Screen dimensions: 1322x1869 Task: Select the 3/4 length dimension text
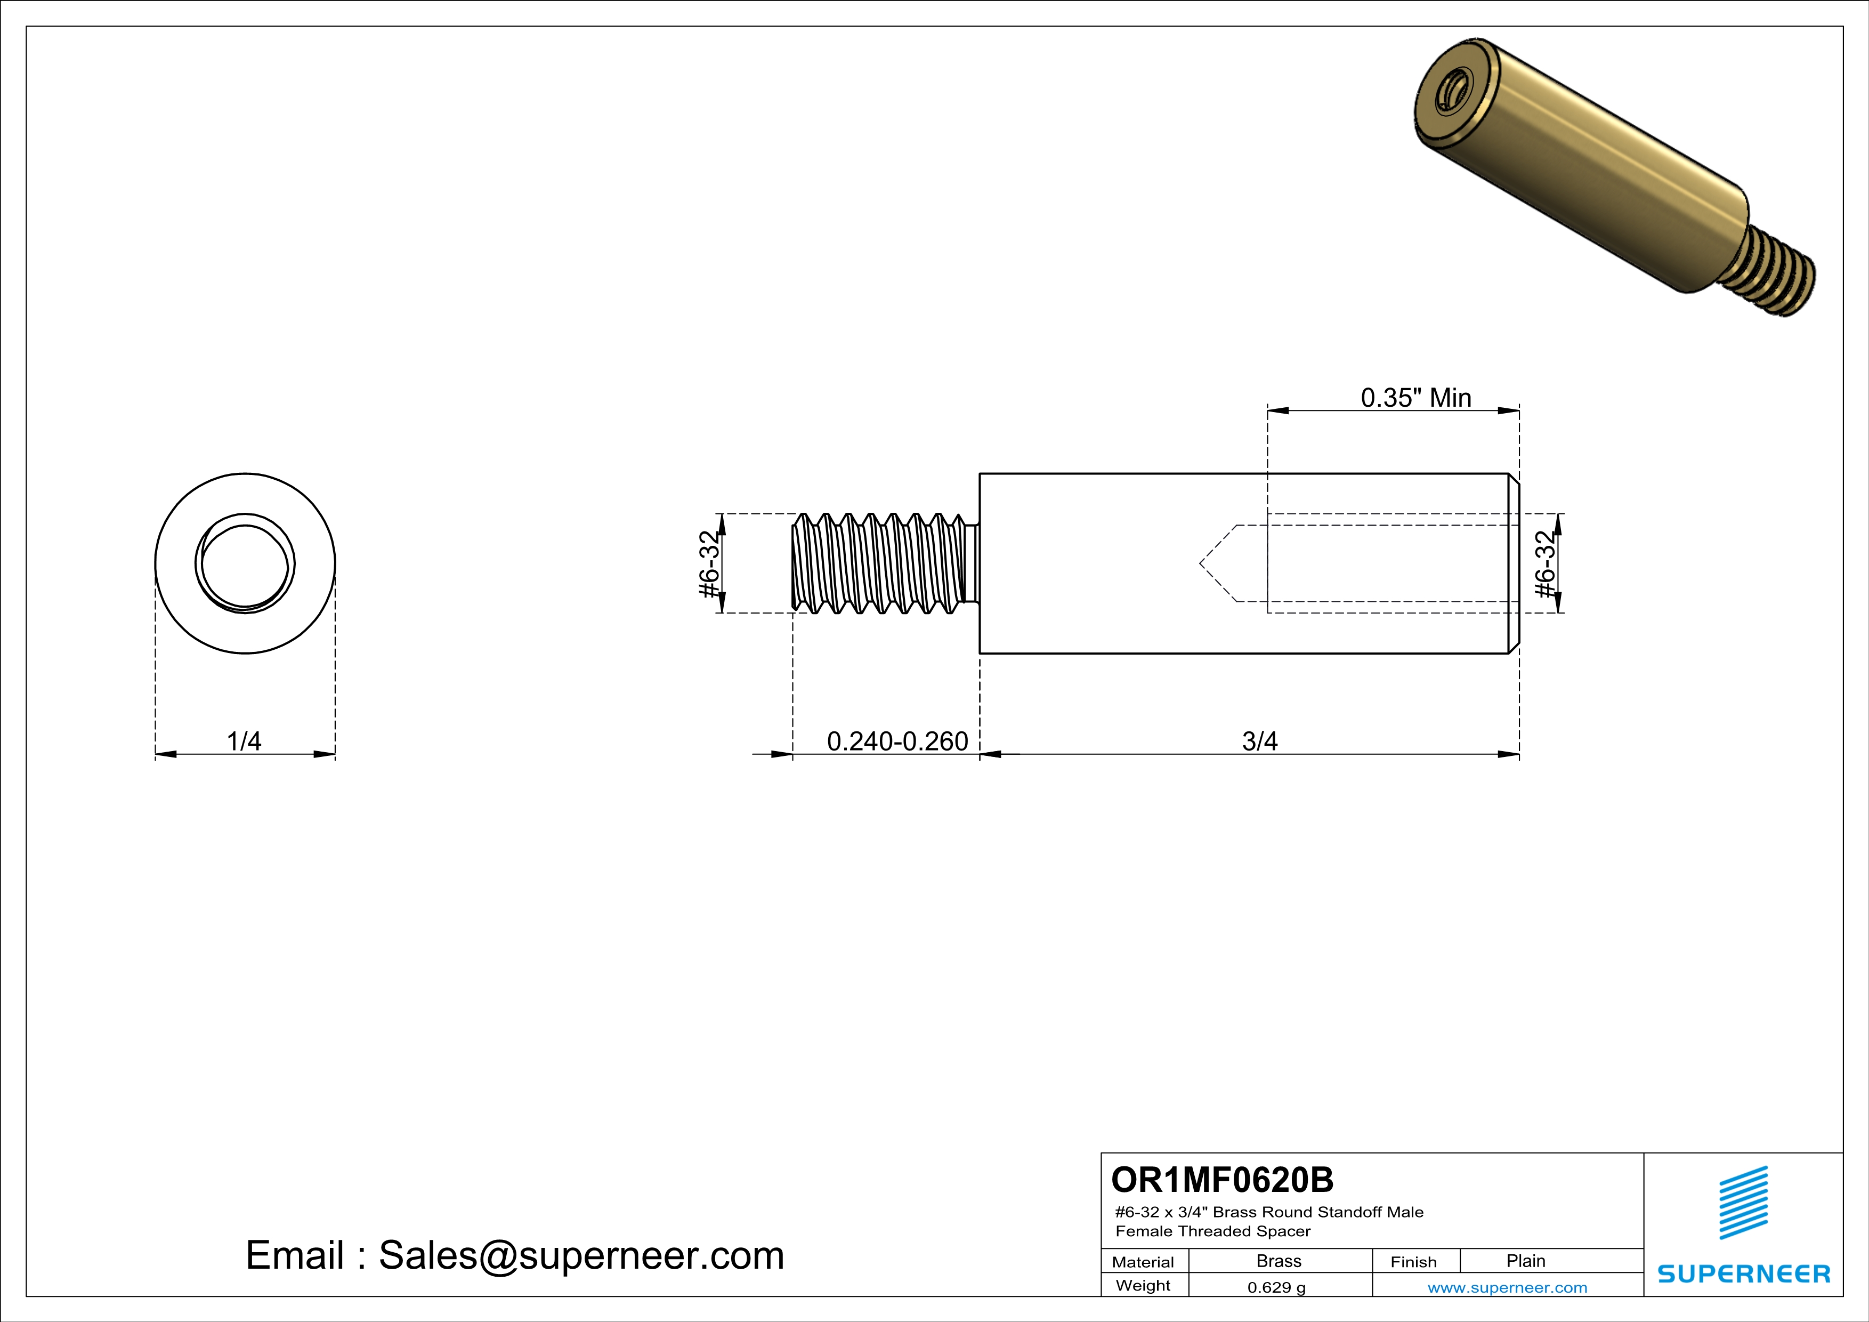[x=1259, y=741]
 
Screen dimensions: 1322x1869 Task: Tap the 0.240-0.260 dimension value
[x=897, y=741]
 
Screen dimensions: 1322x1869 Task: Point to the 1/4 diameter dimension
[x=244, y=741]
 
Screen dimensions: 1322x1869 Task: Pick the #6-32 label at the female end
[x=1544, y=563]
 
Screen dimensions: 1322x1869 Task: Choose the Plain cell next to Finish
[x=1525, y=1261]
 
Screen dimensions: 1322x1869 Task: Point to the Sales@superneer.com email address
[x=581, y=1255]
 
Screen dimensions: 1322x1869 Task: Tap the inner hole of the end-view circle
[x=245, y=564]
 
